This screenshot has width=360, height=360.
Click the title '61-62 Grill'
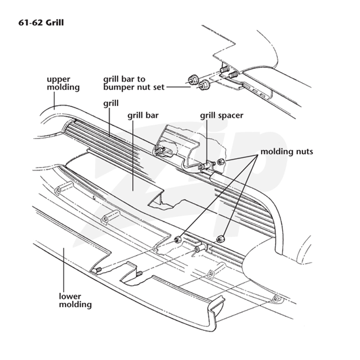[x=41, y=23]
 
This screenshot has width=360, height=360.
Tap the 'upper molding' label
[x=63, y=83]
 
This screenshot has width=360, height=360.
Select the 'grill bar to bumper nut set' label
[x=134, y=83]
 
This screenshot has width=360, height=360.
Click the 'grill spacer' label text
[x=221, y=115]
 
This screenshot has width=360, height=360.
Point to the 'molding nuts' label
[x=287, y=152]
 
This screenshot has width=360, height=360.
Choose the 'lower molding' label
[x=75, y=300]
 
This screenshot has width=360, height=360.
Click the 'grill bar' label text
[x=143, y=115]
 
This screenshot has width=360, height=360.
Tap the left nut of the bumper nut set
[x=192, y=80]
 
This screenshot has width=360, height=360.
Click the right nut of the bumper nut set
[x=203, y=85]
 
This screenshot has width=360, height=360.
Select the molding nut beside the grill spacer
[x=221, y=162]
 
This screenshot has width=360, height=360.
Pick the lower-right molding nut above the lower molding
[x=220, y=239]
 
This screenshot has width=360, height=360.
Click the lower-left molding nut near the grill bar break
[x=178, y=239]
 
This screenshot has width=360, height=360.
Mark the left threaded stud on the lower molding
[x=98, y=270]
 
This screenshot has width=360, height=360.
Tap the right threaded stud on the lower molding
[x=139, y=274]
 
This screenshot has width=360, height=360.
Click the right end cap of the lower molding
[x=216, y=310]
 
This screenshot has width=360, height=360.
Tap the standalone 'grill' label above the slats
[x=111, y=103]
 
